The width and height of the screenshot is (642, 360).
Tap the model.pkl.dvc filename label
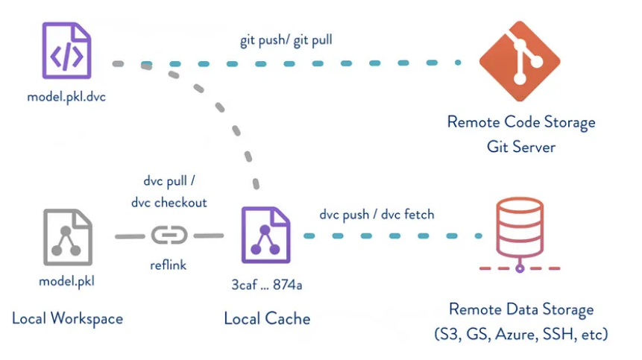(66, 97)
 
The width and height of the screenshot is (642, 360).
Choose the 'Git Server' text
(521, 147)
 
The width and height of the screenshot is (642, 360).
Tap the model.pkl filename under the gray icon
(67, 282)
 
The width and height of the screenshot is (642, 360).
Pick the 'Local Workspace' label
(67, 318)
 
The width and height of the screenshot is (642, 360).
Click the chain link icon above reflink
(169, 236)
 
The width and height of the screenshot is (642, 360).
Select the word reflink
(170, 265)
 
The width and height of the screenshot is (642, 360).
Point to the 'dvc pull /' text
(169, 181)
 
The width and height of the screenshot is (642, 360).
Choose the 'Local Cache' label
(267, 318)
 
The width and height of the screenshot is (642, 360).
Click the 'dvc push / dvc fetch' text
(377, 214)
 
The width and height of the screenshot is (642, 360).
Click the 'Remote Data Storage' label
(521, 309)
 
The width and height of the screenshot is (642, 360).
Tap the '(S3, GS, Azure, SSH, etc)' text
(521, 335)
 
